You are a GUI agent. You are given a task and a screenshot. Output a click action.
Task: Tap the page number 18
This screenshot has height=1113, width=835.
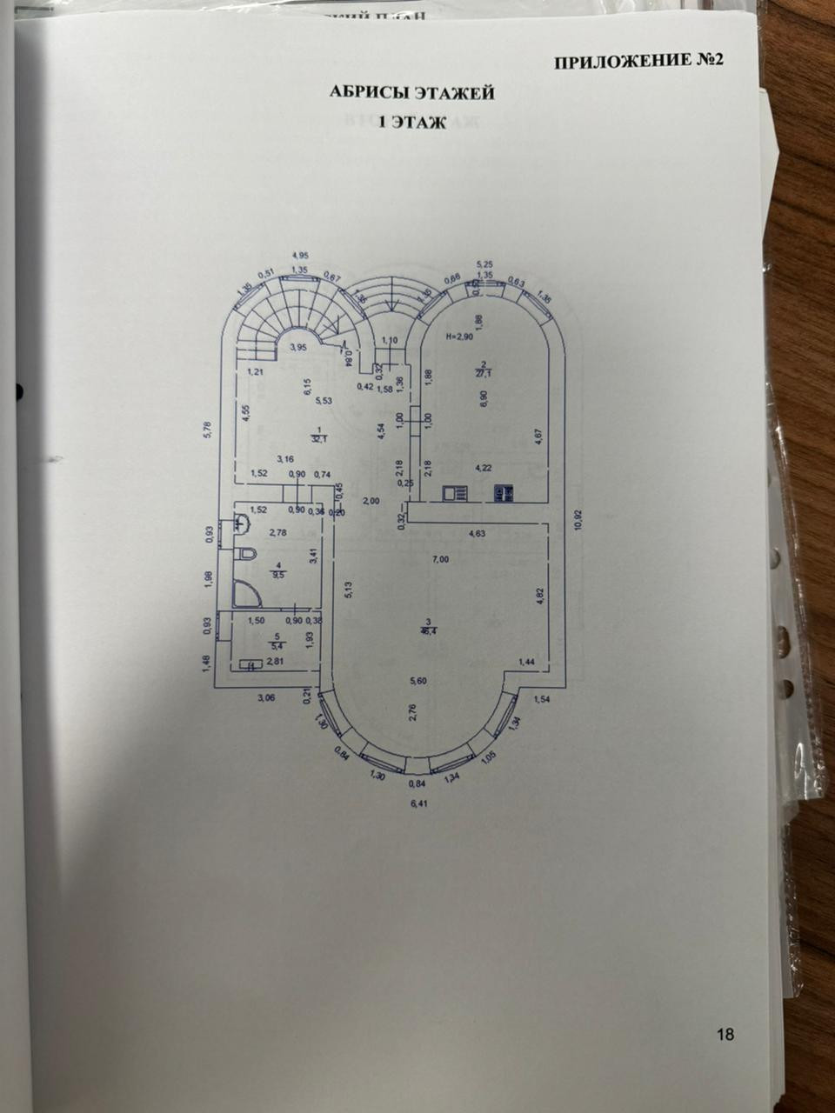(725, 1035)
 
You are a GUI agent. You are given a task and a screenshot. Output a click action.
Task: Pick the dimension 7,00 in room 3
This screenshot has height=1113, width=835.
(441, 559)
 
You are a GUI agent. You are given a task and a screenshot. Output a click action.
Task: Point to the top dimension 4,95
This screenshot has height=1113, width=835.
(301, 255)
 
